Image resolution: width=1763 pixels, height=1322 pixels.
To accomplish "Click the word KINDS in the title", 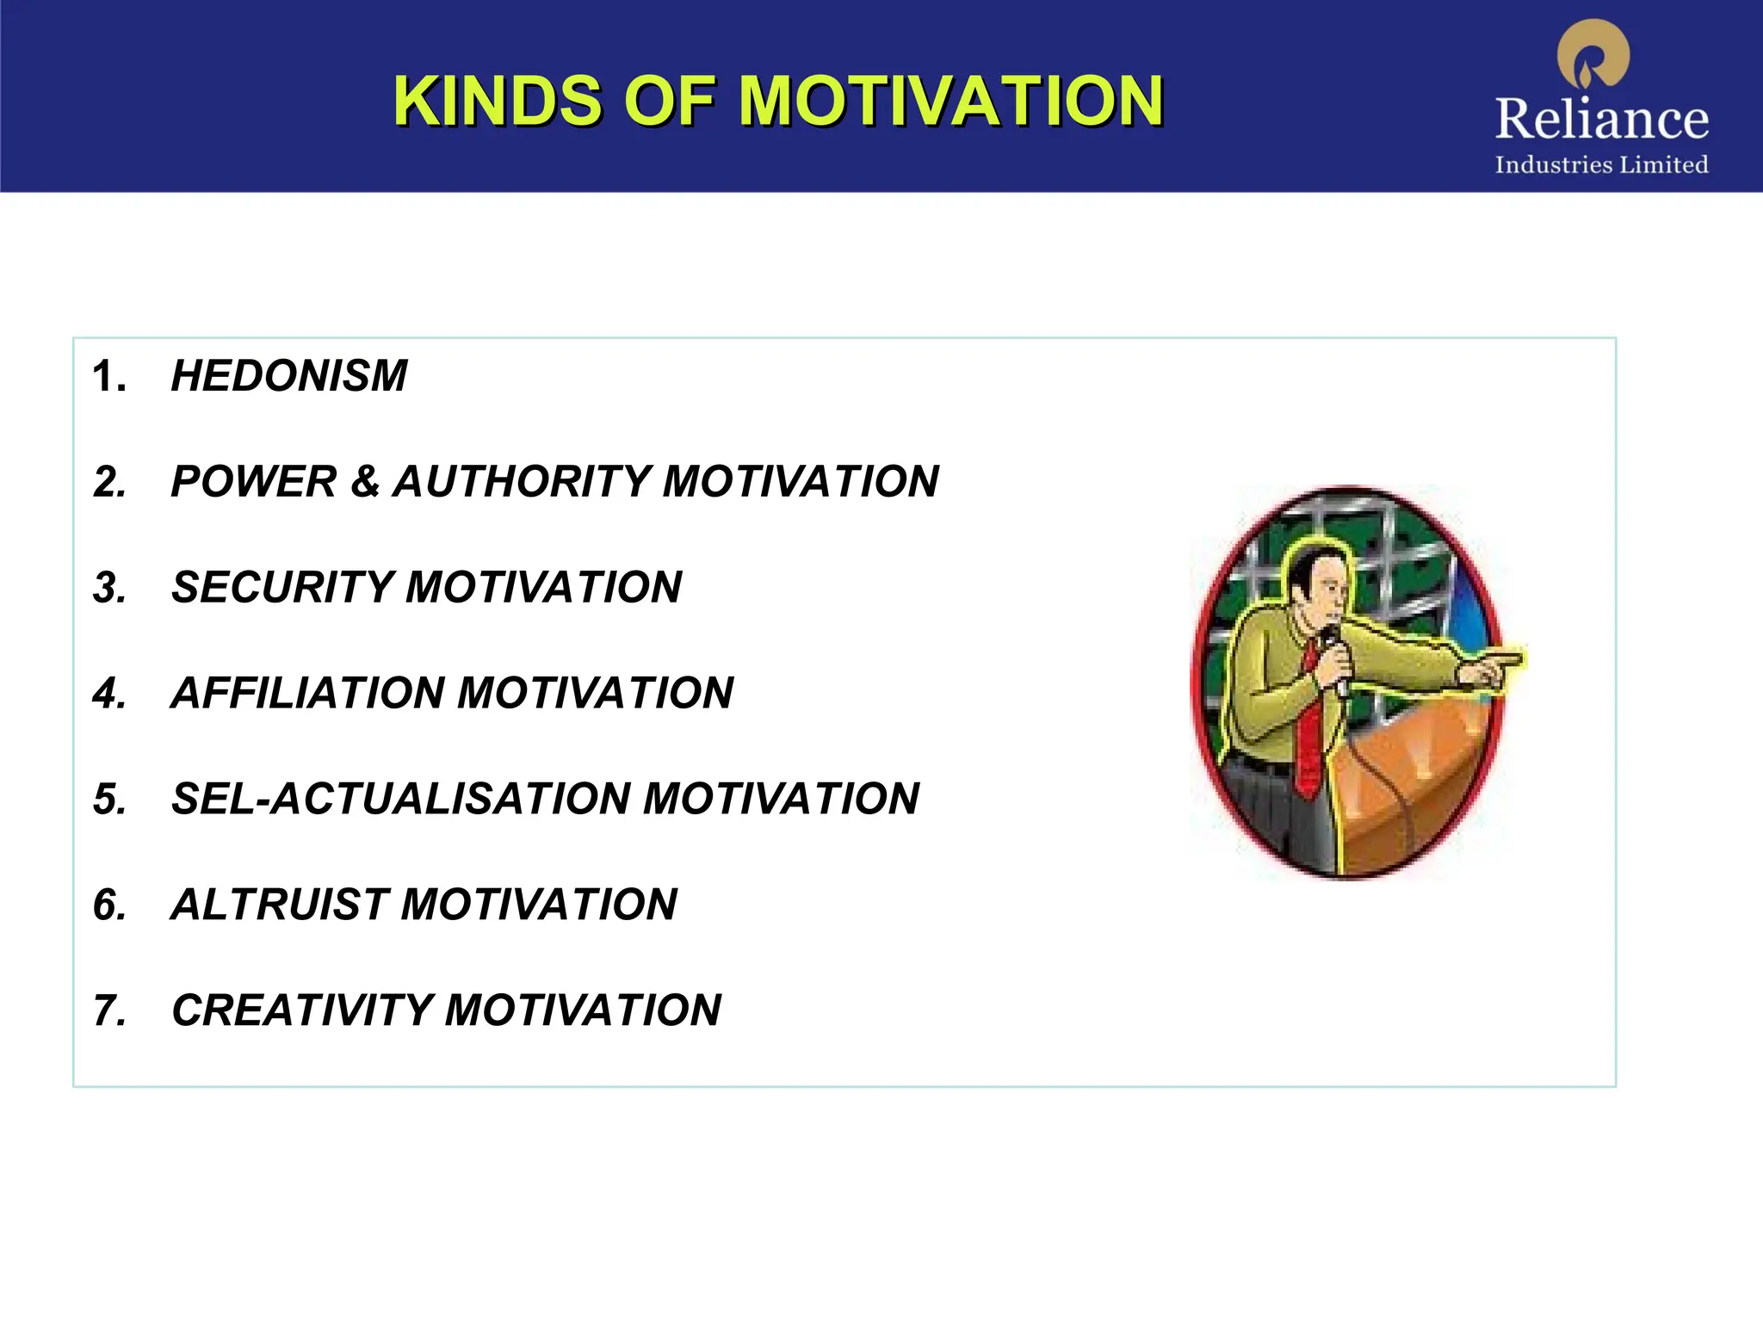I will [497, 101].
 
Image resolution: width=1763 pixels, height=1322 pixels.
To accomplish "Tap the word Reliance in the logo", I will [1601, 119].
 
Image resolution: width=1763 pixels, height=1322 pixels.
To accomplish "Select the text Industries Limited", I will [1601, 164].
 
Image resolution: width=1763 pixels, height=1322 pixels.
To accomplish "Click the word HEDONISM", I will [289, 376].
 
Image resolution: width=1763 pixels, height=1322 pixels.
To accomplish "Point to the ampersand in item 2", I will [365, 481].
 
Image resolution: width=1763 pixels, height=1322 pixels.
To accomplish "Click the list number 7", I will [109, 1010].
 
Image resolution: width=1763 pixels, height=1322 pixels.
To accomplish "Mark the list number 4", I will [109, 693].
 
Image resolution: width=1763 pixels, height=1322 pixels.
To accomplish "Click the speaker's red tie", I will [1308, 740].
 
